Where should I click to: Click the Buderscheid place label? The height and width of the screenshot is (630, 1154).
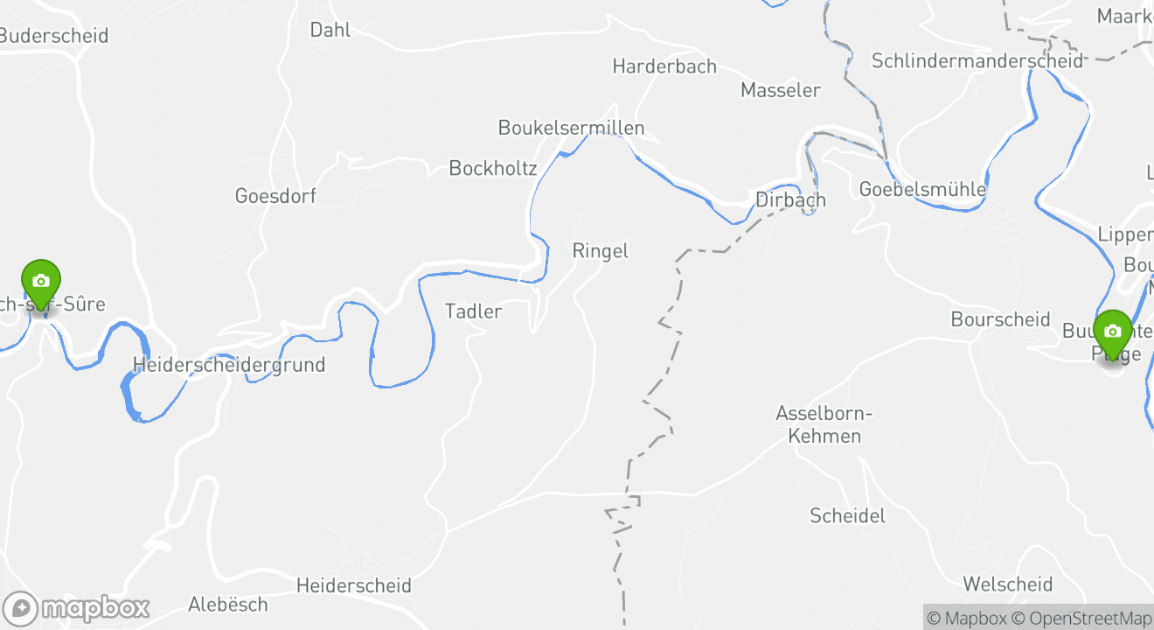54,36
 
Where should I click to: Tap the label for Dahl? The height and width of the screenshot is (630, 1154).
330,30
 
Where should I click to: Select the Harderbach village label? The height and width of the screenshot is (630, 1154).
664,66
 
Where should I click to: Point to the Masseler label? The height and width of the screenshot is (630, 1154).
781,90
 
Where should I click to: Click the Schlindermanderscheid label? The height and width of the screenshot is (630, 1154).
977,60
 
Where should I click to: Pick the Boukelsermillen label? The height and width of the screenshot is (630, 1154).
571,128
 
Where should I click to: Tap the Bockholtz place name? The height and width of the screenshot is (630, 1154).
493,168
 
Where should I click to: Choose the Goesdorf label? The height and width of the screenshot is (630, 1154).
275,196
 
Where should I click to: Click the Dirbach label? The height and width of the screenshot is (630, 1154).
790,199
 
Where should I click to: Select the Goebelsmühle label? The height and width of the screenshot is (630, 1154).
922,189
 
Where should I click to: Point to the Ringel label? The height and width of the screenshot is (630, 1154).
601,251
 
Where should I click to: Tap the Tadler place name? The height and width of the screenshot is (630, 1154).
474,311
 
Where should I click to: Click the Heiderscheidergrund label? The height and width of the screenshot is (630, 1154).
229,365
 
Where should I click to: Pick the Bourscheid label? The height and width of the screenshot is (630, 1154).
1000,319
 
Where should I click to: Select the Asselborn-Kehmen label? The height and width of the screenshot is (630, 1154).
824,424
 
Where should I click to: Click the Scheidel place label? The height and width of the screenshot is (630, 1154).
847,515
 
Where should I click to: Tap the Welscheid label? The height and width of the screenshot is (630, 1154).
1008,584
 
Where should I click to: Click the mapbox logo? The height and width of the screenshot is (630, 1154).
76,608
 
